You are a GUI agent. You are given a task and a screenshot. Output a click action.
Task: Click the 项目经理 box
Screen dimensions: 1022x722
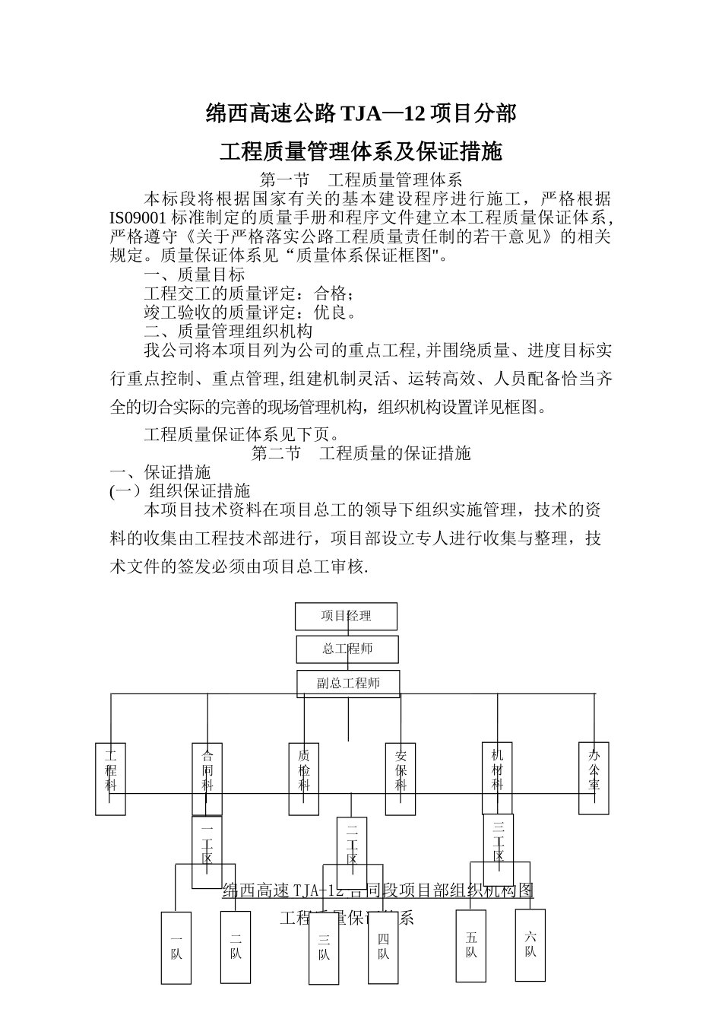(x=346, y=616)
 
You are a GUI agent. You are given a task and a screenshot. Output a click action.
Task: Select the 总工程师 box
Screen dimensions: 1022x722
(x=347, y=649)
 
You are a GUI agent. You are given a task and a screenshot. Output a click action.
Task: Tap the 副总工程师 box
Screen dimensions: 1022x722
(x=348, y=683)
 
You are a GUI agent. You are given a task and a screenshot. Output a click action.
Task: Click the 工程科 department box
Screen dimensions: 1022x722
(x=111, y=778)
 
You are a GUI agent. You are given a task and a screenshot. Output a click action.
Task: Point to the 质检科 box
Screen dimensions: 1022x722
(x=304, y=778)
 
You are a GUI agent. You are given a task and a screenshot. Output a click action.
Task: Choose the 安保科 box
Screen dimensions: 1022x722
(x=401, y=778)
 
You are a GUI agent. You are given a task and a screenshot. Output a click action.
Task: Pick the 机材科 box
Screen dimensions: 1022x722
(x=497, y=778)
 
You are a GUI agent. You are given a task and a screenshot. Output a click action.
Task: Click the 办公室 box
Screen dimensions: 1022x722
(x=594, y=778)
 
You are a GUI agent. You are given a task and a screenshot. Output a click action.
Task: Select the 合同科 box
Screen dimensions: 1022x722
(x=207, y=778)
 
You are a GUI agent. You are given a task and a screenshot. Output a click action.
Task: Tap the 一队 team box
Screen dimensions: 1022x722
(x=176, y=947)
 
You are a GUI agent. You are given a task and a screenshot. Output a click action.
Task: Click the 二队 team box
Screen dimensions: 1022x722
(x=236, y=947)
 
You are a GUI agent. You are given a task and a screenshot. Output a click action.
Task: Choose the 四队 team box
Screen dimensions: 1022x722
(x=383, y=947)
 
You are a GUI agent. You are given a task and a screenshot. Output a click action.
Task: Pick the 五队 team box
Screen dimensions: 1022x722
(x=471, y=945)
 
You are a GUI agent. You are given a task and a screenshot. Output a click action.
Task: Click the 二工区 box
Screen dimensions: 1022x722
(x=352, y=852)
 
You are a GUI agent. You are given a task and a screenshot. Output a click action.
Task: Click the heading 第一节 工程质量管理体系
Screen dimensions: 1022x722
(x=361, y=180)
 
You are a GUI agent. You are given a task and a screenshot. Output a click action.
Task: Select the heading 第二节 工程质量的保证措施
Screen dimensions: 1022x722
(x=361, y=454)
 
